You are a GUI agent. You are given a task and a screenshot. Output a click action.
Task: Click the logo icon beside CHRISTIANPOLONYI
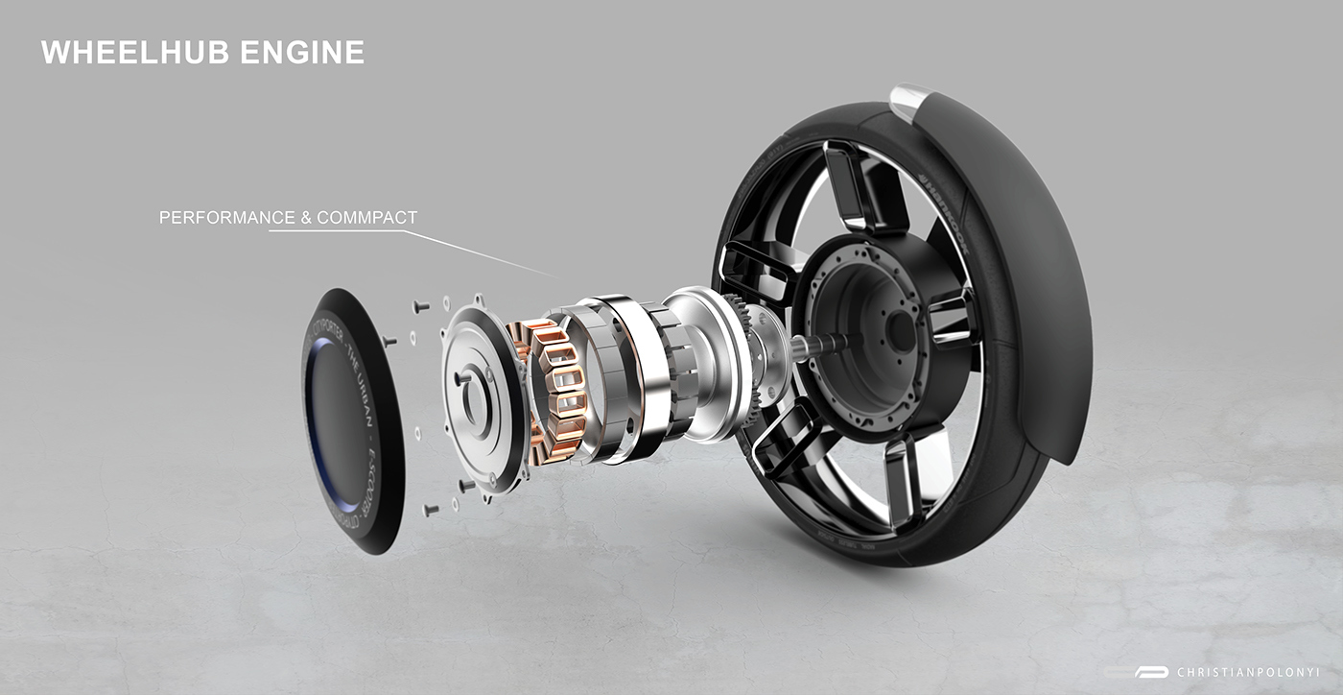1150,673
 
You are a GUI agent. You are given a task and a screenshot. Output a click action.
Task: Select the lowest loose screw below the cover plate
430,509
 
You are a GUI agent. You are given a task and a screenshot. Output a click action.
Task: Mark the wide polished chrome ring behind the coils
624,379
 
